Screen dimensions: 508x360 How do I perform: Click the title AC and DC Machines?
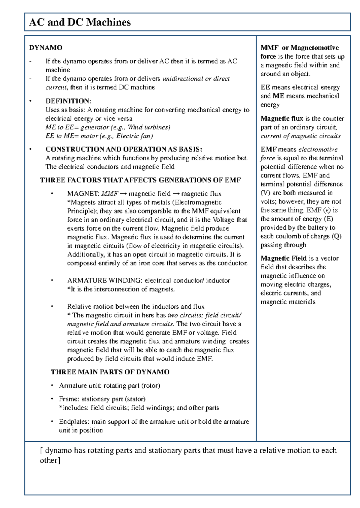(x=80, y=22)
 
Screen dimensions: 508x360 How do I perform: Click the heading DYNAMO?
(x=46, y=48)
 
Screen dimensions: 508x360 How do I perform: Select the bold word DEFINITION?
(x=67, y=101)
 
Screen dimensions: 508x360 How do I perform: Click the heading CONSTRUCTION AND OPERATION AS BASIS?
(x=124, y=149)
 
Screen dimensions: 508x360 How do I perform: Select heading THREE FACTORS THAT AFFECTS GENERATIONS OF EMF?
(x=140, y=180)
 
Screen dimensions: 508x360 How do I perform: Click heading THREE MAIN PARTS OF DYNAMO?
(x=110, y=372)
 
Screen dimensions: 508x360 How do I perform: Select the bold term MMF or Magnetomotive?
(x=300, y=48)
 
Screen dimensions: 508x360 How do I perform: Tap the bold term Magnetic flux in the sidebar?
(x=282, y=119)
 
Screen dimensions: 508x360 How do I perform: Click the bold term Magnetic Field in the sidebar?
(x=283, y=258)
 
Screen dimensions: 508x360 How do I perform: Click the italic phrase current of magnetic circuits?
(x=300, y=136)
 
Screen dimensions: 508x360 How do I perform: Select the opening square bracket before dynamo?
(x=42, y=450)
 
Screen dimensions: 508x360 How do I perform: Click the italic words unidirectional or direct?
(x=196, y=79)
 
